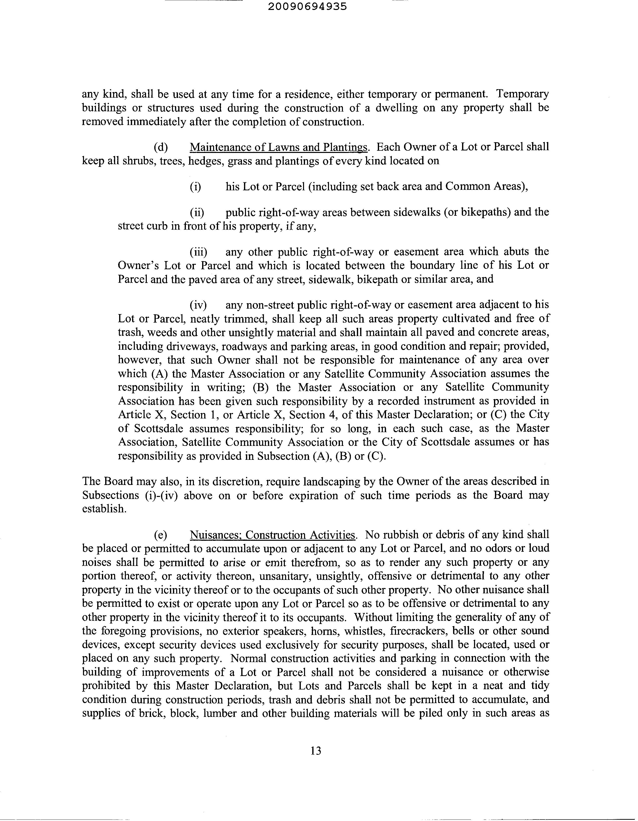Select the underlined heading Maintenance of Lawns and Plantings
pos(278,147)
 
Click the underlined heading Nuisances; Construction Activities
pos(272,535)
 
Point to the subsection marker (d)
pos(161,147)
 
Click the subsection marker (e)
pos(161,535)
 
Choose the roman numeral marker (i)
pos(195,187)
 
